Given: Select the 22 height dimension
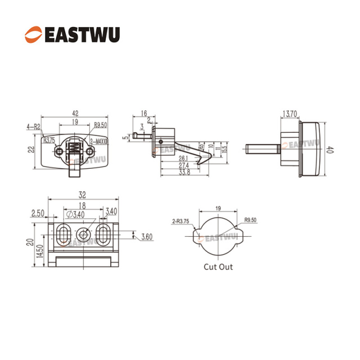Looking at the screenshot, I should coord(32,149).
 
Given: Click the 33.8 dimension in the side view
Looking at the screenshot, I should coord(183,173).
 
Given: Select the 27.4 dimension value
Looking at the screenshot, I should coord(183,166).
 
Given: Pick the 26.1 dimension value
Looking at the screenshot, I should coord(183,159).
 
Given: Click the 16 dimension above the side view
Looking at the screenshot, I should coord(144,114).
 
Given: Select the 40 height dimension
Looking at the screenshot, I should coord(331,150).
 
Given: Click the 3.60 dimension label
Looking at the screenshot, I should coord(146,236).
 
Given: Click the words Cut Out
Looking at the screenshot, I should coord(218,267).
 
